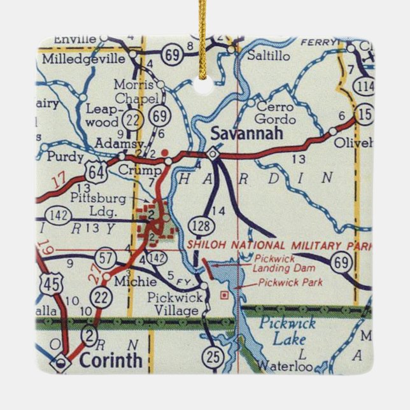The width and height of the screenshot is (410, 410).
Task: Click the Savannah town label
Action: tap(238, 135)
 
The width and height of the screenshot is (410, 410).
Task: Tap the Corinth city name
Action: tap(111, 360)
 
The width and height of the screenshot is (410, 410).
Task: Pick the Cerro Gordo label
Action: tap(275, 113)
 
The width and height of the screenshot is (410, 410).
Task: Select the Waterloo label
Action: tap(281, 367)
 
